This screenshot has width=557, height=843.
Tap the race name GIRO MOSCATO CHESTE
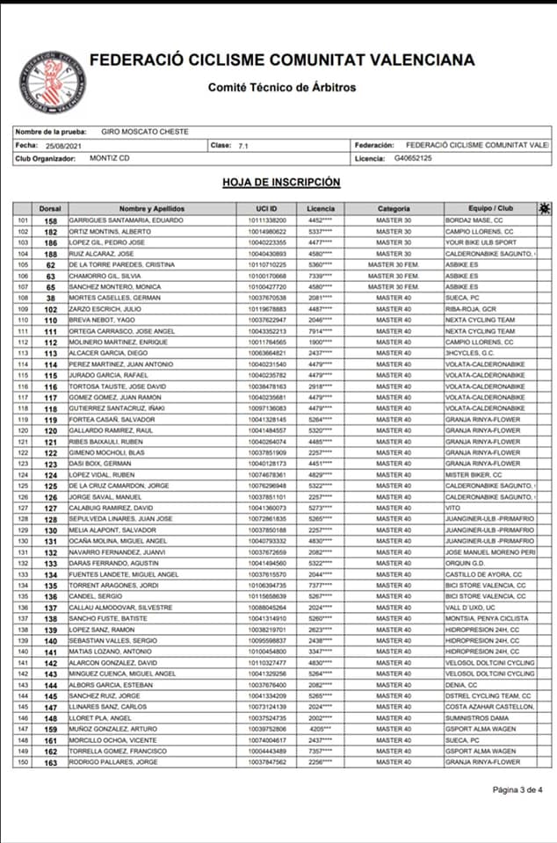click(139, 131)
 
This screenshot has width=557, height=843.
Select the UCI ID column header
click(267, 208)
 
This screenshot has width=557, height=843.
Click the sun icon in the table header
click(545, 208)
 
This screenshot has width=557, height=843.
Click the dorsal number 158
click(51, 220)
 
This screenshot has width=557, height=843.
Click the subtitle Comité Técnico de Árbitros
click(282, 87)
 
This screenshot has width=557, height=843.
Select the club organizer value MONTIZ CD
click(112, 158)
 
